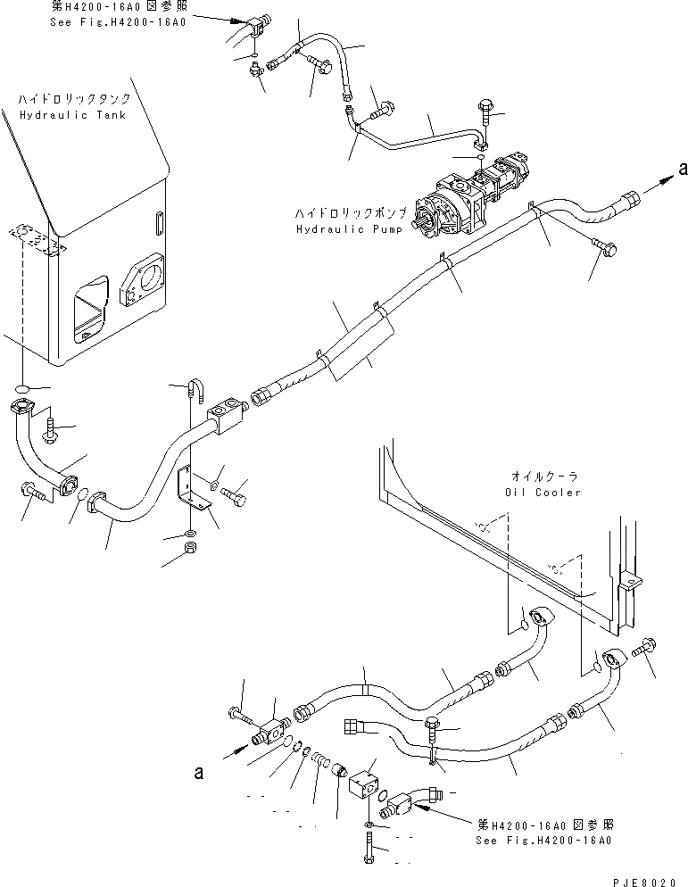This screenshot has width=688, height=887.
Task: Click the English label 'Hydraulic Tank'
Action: pos(72,115)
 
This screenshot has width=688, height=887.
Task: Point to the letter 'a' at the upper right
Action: pos(684,168)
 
